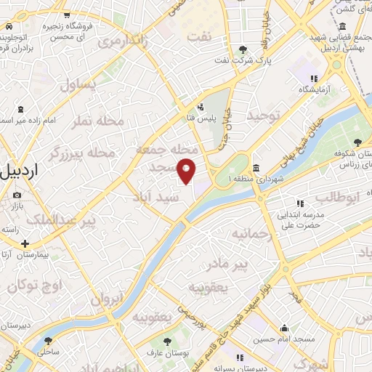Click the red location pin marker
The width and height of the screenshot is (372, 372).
click(x=187, y=170)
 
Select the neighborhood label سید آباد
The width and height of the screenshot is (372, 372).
click(x=154, y=196)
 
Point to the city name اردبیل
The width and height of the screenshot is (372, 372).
click(x=20, y=173)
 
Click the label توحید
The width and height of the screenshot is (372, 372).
click(x=263, y=116)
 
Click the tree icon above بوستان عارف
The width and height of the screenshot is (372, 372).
click(x=169, y=341)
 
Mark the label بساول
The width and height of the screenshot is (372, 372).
click(x=77, y=84)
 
